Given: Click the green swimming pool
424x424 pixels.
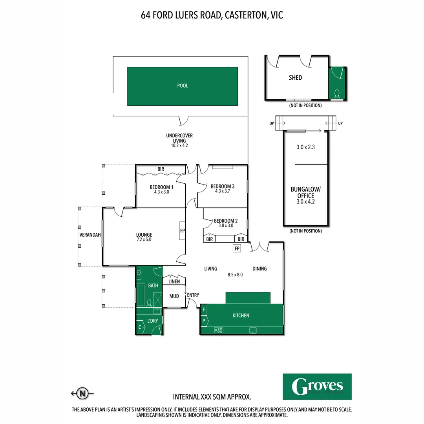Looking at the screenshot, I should pos(183,86).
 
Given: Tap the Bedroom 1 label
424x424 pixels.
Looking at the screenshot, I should pos(161,187).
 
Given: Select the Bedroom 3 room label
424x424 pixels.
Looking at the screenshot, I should pos(223,186).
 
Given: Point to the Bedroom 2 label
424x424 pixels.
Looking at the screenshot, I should pos(226,221).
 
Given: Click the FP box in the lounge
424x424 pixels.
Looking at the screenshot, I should pos(183,230).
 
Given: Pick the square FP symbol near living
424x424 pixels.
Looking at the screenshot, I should pos(237,249).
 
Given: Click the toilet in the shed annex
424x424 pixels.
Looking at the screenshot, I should pos(337,93).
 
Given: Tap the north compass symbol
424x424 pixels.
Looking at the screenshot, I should pos(82,393).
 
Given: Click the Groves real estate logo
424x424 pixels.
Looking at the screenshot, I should pos(317,386).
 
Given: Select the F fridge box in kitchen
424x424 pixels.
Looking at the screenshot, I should pos(204,310).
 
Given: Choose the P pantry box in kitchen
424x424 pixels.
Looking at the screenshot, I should pos(204,321).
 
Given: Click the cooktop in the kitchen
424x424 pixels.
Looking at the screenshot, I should pos(219,330).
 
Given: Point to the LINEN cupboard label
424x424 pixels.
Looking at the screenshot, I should pos(174,281).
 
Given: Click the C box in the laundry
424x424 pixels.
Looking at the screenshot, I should pos(140,327).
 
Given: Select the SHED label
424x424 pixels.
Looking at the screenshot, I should pos(296,78).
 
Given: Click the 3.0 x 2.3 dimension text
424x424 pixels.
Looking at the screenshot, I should pos(305,148).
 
